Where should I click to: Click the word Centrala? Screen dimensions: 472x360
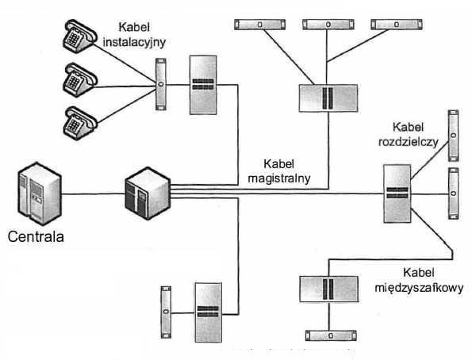click(x=36, y=236)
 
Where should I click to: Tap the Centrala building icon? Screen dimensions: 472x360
click(x=40, y=193)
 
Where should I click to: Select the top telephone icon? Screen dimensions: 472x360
click(x=80, y=36)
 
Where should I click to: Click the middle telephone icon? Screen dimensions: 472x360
click(x=80, y=80)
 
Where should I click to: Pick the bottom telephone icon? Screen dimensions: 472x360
click(x=80, y=123)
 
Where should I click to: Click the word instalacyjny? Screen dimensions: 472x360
click(x=134, y=43)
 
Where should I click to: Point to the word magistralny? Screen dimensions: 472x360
click(x=279, y=178)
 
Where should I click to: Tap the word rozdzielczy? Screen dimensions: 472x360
click(x=409, y=142)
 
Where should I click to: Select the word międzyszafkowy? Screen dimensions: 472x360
click(x=419, y=288)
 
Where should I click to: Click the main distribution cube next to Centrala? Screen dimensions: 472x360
click(x=148, y=193)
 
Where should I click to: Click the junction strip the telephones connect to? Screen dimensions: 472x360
click(x=161, y=84)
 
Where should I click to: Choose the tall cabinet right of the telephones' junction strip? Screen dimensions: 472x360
click(x=203, y=85)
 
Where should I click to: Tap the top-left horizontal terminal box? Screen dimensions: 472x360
click(x=259, y=25)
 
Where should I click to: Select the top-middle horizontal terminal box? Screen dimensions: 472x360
click(x=328, y=25)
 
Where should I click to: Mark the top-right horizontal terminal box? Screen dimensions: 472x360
click(x=397, y=25)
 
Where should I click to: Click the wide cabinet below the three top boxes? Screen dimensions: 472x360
click(x=328, y=98)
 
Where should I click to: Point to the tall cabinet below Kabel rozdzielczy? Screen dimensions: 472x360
click(x=397, y=193)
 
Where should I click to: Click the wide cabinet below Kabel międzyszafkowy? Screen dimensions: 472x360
click(x=328, y=289)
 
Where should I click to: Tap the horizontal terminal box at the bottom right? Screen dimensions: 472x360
click(x=331, y=335)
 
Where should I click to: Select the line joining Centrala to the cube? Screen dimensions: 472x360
click(x=93, y=193)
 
